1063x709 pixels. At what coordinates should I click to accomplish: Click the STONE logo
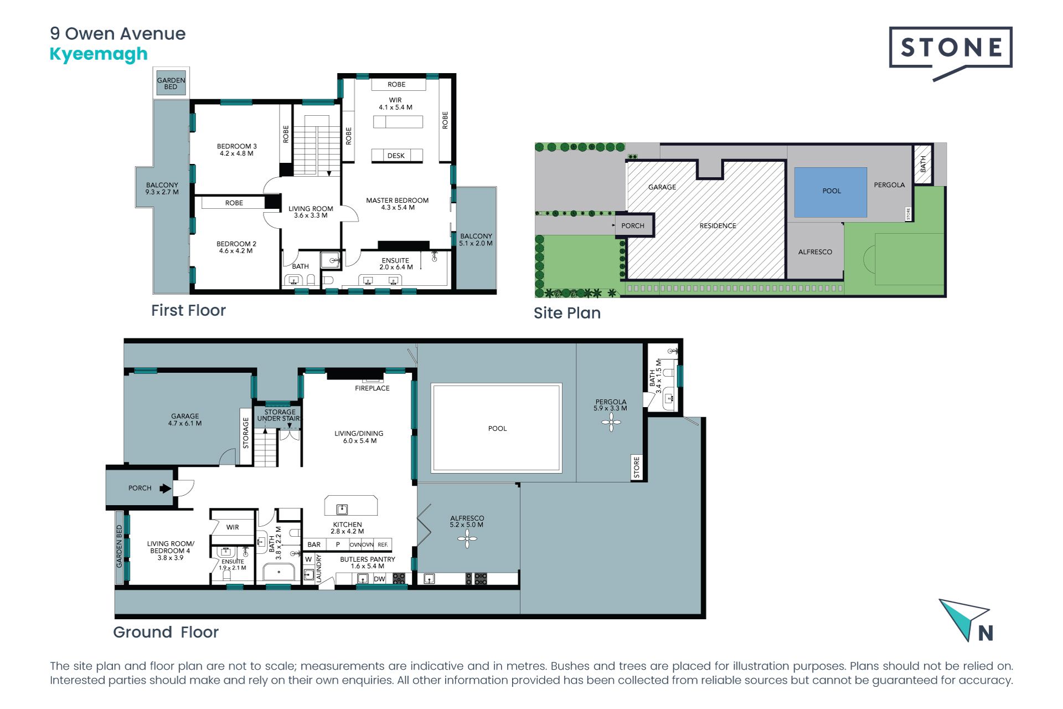pyautogui.click(x=950, y=53)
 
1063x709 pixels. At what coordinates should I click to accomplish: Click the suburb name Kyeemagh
pyautogui.click(x=99, y=54)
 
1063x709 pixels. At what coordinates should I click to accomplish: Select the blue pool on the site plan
pyautogui.click(x=830, y=192)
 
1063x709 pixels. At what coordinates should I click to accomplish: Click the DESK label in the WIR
pyautogui.click(x=396, y=156)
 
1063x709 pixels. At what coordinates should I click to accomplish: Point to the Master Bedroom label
pyautogui.click(x=398, y=204)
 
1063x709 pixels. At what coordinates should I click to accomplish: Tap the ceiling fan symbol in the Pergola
pyautogui.click(x=611, y=423)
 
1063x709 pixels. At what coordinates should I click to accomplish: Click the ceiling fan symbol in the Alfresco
pyautogui.click(x=467, y=538)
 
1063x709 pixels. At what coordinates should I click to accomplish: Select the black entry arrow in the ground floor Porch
pyautogui.click(x=165, y=488)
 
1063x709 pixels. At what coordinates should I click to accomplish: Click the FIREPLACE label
pyautogui.click(x=372, y=388)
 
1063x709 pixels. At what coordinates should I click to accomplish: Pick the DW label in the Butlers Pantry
pyautogui.click(x=379, y=579)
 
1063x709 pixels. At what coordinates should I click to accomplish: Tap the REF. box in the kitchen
pyautogui.click(x=383, y=544)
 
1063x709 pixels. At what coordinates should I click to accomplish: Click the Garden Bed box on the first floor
pyautogui.click(x=171, y=83)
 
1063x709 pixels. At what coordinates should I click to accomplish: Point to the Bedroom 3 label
pyautogui.click(x=236, y=150)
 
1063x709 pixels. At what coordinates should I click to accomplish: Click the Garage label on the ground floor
pyautogui.click(x=185, y=419)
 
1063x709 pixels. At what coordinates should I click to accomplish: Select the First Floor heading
pyautogui.click(x=188, y=310)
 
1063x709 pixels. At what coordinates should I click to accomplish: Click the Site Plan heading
pyautogui.click(x=567, y=313)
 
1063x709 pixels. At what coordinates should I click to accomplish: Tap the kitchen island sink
pyautogui.click(x=342, y=508)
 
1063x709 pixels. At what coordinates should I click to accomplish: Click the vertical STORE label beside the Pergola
pyautogui.click(x=637, y=467)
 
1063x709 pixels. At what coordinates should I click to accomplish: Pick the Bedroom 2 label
pyautogui.click(x=236, y=247)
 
